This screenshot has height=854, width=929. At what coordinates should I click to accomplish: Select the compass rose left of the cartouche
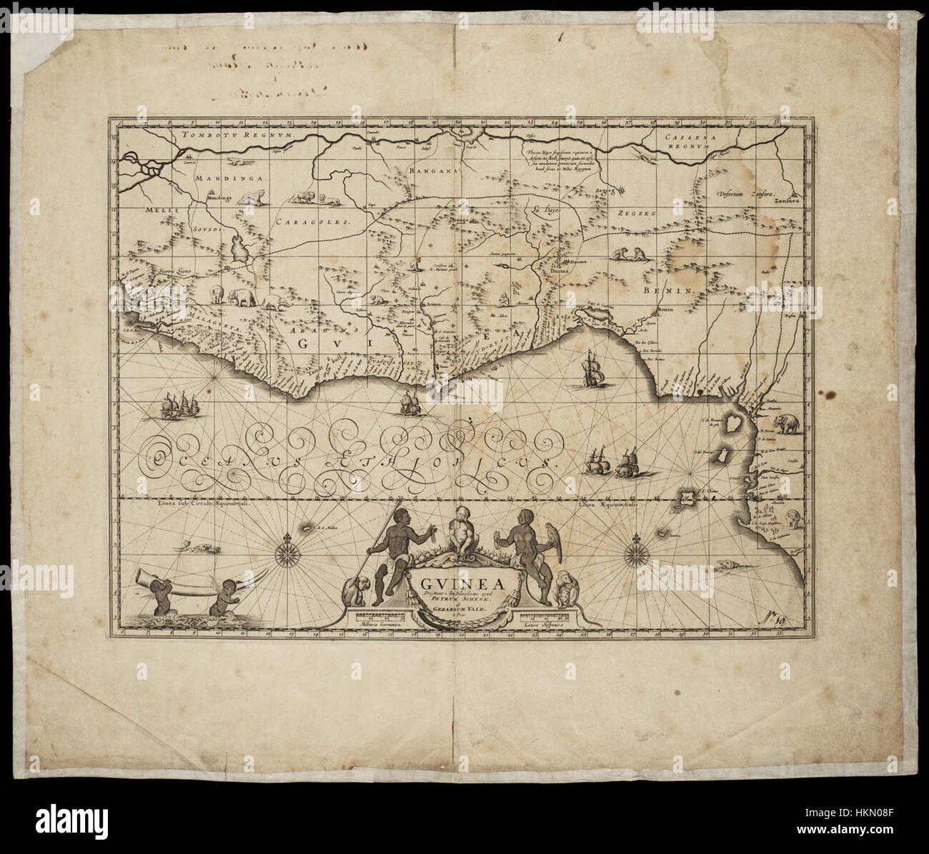287,551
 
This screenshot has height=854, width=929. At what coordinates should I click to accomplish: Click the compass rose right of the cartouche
635,552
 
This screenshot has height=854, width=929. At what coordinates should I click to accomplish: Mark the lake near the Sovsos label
240,249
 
